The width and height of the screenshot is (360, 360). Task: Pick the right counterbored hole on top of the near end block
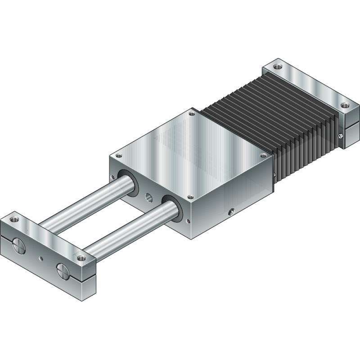tap(81, 258)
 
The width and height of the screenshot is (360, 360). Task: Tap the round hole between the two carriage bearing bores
tap(148, 197)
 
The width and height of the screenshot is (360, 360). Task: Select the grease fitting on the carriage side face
tap(231, 211)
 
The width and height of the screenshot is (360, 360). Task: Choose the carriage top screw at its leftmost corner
tap(119, 156)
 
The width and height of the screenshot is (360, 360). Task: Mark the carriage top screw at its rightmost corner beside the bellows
tap(263, 155)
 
